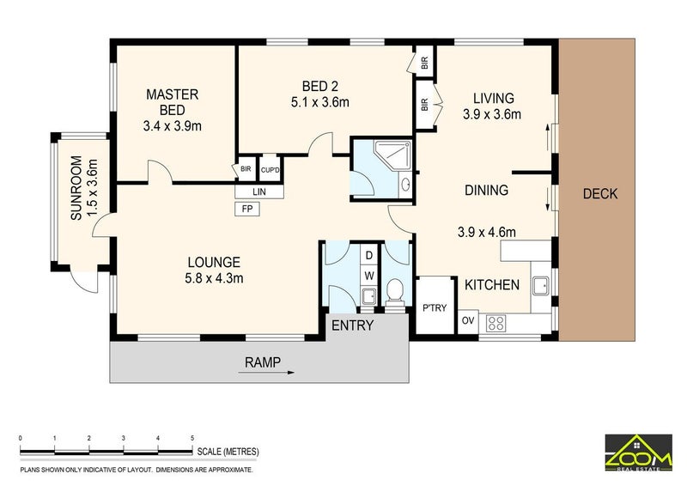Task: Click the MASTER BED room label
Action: tap(173, 102)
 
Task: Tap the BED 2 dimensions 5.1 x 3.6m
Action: tap(319, 102)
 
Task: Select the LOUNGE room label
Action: tap(214, 262)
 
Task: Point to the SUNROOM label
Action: tap(76, 187)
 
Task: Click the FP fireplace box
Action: tap(247, 209)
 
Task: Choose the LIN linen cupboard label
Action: tap(259, 191)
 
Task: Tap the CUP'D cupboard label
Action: tap(270, 170)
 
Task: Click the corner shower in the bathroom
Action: tap(392, 156)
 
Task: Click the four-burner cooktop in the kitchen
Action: tap(496, 324)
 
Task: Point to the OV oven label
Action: tap(468, 320)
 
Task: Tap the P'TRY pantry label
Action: tap(435, 308)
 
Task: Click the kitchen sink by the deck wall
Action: tap(541, 286)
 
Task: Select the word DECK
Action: tap(599, 194)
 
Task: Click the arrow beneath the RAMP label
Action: tap(266, 373)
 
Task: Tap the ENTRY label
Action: tap(353, 325)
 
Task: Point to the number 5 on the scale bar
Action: tap(192, 438)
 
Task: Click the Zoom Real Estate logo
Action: tap(638, 453)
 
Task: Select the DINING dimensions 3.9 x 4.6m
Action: tap(486, 232)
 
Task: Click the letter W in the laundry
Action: tap(370, 276)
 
